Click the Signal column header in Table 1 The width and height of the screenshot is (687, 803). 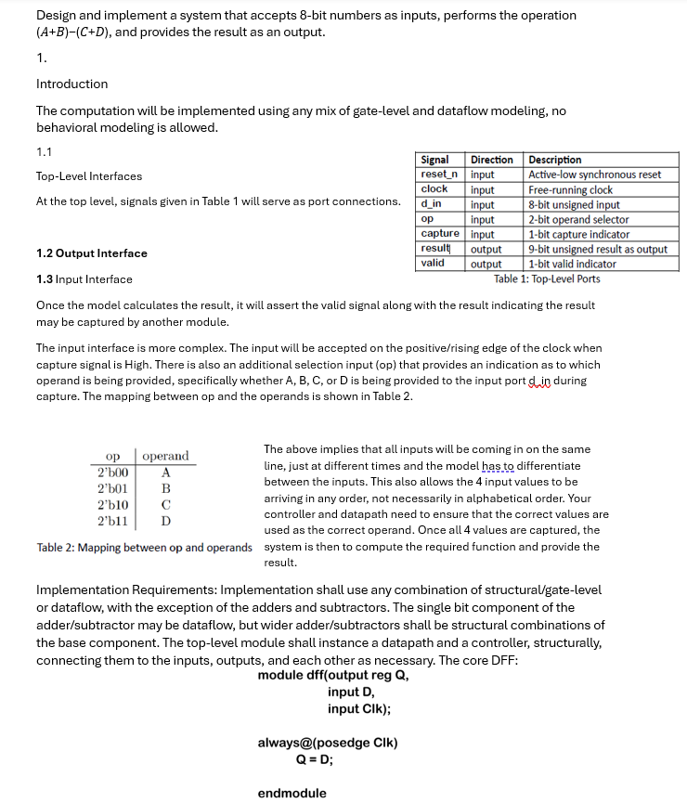tap(435, 160)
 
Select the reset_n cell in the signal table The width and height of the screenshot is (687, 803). tap(439, 175)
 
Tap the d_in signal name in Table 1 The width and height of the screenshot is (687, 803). tap(432, 204)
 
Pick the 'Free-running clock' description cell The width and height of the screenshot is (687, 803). tap(570, 189)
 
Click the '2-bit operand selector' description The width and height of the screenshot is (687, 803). tap(578, 219)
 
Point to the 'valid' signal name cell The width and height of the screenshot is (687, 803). tap(433, 264)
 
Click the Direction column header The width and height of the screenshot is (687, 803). tap(492, 160)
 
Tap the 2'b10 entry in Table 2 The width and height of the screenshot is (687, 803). tap(113, 504)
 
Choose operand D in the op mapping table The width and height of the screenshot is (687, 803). tap(165, 521)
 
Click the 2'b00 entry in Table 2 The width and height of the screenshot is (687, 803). tap(113, 472)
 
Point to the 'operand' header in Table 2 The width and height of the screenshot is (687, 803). tap(165, 456)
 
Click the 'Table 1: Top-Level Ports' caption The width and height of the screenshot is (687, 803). tap(547, 278)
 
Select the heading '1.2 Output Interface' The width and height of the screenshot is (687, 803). tap(91, 253)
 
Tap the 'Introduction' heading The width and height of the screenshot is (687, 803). tap(71, 84)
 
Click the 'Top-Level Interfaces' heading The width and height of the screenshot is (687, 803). tap(89, 176)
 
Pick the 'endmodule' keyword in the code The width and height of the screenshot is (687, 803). tap(292, 793)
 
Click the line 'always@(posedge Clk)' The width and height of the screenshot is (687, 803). tap(328, 743)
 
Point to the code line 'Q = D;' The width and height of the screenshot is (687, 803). tap(315, 758)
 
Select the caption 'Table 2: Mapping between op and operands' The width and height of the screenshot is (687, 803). tap(144, 548)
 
